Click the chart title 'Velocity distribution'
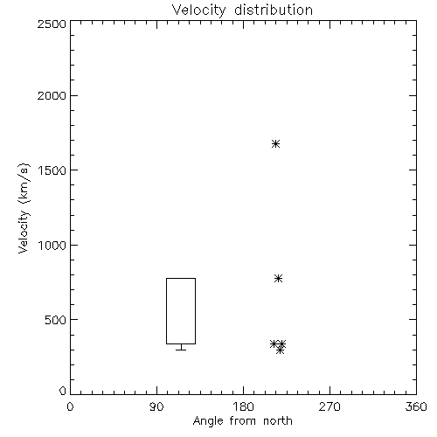(x=242, y=10)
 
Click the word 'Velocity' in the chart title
(x=198, y=10)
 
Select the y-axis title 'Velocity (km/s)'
(x=24, y=208)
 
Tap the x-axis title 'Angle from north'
(x=243, y=421)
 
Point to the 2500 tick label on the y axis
(x=52, y=24)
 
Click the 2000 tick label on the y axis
(x=52, y=95)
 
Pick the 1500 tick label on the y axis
(x=52, y=170)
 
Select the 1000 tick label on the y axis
(x=52, y=246)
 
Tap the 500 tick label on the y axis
(x=56, y=320)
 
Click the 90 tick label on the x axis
(x=156, y=406)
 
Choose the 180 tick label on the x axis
(x=243, y=406)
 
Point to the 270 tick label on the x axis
(x=329, y=406)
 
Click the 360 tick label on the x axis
(x=416, y=406)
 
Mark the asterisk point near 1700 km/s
(x=275, y=144)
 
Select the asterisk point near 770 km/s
(x=278, y=279)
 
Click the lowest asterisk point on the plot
(x=280, y=350)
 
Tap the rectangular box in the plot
(x=166, y=311)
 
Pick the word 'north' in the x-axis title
(x=278, y=421)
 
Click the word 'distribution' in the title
(x=274, y=10)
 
